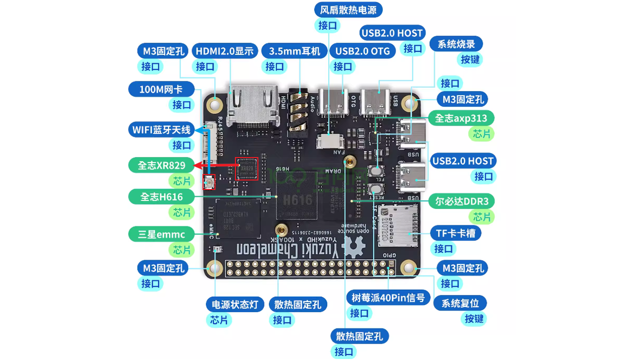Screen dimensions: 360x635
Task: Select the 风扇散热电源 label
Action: tap(349, 9)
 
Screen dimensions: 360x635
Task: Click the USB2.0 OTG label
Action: tap(363, 51)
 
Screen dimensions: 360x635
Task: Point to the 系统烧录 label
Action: tap(456, 44)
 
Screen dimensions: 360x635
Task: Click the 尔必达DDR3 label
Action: tap(465, 201)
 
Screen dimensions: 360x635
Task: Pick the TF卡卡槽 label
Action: tap(455, 233)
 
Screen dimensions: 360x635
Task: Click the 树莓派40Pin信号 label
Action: tap(388, 298)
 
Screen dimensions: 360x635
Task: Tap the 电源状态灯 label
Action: tap(235, 304)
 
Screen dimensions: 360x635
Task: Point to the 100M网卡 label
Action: tap(161, 90)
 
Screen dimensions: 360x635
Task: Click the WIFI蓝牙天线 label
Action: tap(161, 130)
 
